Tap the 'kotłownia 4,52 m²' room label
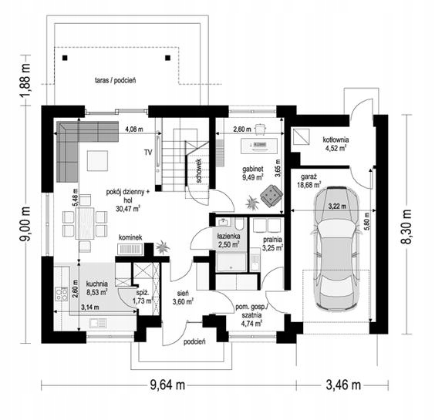coord(336,144)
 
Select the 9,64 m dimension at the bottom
coord(167,385)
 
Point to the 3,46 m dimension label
coord(343,385)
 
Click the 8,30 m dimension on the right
coord(406,227)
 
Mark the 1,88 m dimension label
coord(25,80)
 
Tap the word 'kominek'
coord(130,237)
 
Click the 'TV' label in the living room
coord(148,152)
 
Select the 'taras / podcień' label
coord(116,81)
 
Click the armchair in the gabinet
coord(271,196)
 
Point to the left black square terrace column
coord(65,58)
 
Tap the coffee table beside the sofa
coord(97,161)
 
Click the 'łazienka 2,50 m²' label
coord(228,240)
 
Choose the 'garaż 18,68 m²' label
coord(309,180)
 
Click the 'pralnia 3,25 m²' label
coord(272,244)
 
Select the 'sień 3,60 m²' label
coord(183,297)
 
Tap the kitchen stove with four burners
coord(61,294)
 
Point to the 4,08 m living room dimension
coord(134,129)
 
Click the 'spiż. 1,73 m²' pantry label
coord(143,297)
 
